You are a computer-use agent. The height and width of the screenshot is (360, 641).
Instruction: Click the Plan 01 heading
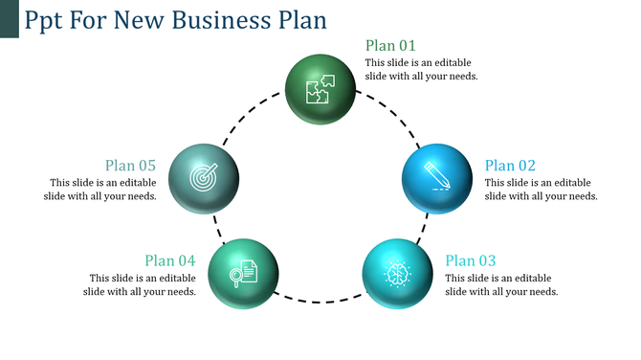pyautogui.click(x=390, y=46)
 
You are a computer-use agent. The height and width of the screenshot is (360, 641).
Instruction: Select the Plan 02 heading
pyautogui.click(x=510, y=165)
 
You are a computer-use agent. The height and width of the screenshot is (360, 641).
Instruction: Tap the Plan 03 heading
pyautogui.click(x=471, y=260)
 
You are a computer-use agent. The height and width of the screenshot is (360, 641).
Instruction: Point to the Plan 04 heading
pyautogui.click(x=170, y=260)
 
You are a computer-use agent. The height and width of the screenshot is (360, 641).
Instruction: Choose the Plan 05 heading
pyautogui.click(x=130, y=165)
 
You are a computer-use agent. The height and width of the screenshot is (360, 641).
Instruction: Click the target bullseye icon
pyautogui.click(x=203, y=178)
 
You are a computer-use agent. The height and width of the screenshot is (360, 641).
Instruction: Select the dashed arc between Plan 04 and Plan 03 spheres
pyautogui.click(x=320, y=302)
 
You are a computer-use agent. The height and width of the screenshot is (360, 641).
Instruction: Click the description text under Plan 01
pyautogui.click(x=421, y=69)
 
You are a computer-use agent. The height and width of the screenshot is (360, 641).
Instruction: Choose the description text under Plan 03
pyautogui.click(x=501, y=284)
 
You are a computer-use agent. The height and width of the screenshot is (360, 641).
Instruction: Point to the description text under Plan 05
pyautogui.click(x=103, y=189)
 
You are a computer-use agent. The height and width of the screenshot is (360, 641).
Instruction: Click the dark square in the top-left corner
pyautogui.click(x=9, y=18)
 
